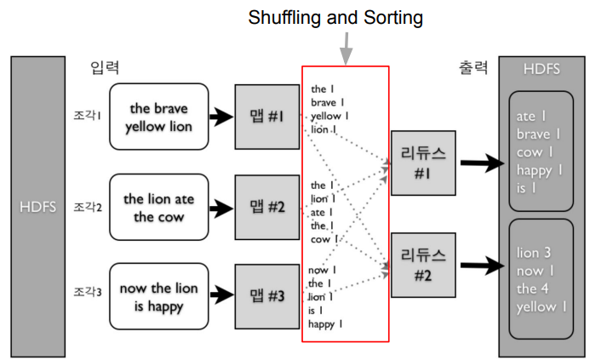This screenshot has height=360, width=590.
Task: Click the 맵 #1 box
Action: pyautogui.click(x=266, y=117)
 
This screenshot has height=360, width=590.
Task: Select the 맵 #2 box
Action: pyautogui.click(x=266, y=207)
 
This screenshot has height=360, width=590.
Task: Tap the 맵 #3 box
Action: pyautogui.click(x=266, y=295)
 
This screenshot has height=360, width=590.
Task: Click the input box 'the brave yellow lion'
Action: pyautogui.click(x=158, y=117)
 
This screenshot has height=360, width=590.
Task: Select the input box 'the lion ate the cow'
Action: pyautogui.click(x=158, y=208)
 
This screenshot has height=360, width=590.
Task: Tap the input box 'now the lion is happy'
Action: pyautogui.click(x=158, y=296)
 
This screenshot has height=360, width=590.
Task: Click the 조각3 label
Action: pyautogui.click(x=88, y=292)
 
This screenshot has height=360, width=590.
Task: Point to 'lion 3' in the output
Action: pyautogui.click(x=536, y=254)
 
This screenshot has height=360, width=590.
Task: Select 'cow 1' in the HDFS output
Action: pyautogui.click(x=537, y=151)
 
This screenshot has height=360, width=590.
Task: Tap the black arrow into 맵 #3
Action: pyautogui.click(x=221, y=295)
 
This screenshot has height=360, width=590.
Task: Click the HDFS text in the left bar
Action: pyautogui.click(x=38, y=207)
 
